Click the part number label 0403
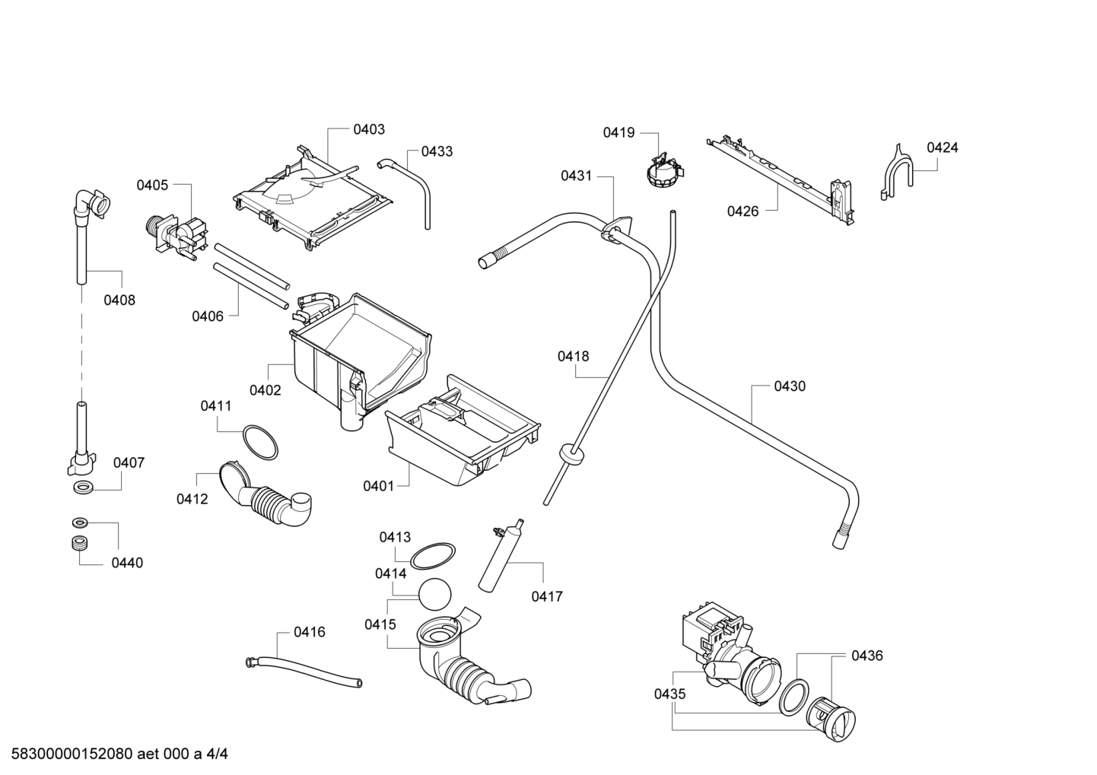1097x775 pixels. click(369, 130)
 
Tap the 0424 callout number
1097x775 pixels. click(943, 148)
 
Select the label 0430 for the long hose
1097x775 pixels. click(790, 386)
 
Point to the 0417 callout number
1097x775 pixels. click(547, 596)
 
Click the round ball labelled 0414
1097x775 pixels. click(435, 594)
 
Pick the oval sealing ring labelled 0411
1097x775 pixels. click(260, 443)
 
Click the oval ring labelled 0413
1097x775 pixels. click(432, 556)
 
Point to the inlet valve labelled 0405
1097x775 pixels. click(176, 235)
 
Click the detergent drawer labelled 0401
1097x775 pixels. click(463, 430)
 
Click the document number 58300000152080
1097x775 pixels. click(72, 754)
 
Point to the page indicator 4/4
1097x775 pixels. click(217, 754)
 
